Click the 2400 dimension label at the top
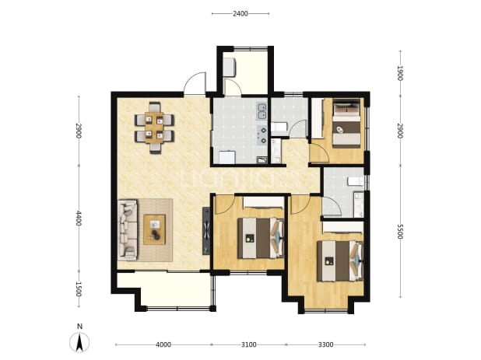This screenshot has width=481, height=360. coord(240,14)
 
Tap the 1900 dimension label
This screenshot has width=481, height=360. coord(400,73)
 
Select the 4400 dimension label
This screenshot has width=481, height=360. coord(79,218)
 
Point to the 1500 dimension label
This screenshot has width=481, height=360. coord(79,289)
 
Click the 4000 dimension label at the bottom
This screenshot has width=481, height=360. coord(163,344)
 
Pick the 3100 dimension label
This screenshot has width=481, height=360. coord(248,344)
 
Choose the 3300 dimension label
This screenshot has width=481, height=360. coord(325,344)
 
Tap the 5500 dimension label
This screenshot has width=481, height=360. coord(400,232)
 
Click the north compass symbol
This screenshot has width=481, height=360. coord(79,342)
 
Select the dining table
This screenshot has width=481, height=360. coord(154,128)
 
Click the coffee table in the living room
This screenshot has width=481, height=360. coord(155,229)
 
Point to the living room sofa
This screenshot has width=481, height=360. coord(128,230)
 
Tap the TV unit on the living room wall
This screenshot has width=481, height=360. coord(206,231)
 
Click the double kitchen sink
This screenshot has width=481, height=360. coord(262,111)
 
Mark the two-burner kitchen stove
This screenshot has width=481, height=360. coord(263,135)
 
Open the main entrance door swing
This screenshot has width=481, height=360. coord(195,83)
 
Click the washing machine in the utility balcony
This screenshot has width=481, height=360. coord(229,68)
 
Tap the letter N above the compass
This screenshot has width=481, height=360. coord(79,327)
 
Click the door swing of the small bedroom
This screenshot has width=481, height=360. coord(319,153)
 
